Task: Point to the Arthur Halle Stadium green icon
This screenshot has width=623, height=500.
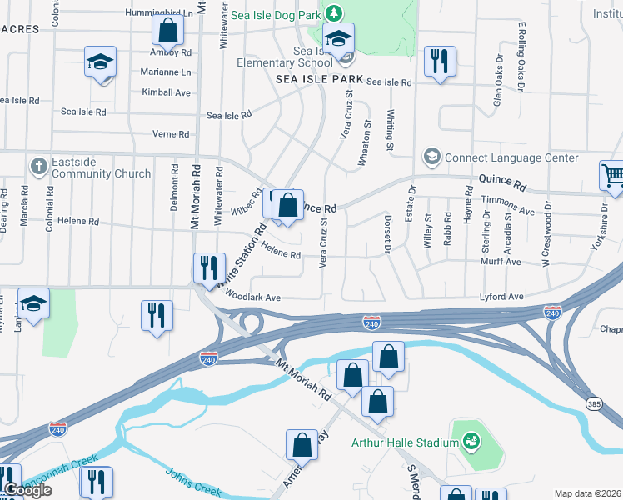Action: (471, 440)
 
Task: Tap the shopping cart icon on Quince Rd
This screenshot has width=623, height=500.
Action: (612, 176)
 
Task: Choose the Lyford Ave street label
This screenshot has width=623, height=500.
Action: (501, 297)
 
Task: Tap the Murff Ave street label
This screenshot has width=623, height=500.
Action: (501, 262)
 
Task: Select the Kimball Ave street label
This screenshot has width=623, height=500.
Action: (166, 92)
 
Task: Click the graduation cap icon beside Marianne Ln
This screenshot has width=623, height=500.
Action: (100, 62)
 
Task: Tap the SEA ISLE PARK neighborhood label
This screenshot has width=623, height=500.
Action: (320, 79)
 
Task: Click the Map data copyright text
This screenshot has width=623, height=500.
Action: (587, 493)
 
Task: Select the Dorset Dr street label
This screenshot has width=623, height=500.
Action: (387, 233)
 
